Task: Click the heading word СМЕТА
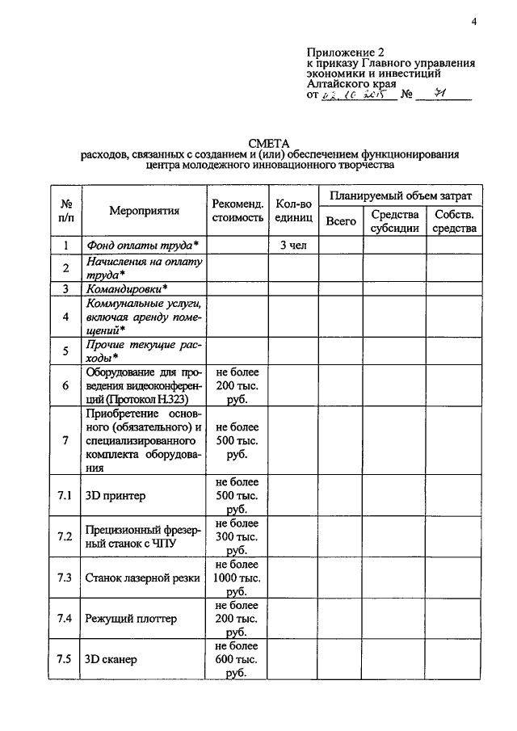pos(270,142)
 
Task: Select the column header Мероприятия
pos(144,210)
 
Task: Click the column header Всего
pos(340,220)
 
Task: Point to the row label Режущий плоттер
pos(131,619)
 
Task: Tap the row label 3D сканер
pos(111,660)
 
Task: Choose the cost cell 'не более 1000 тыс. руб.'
pos(237,578)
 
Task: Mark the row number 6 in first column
pos(65,385)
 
